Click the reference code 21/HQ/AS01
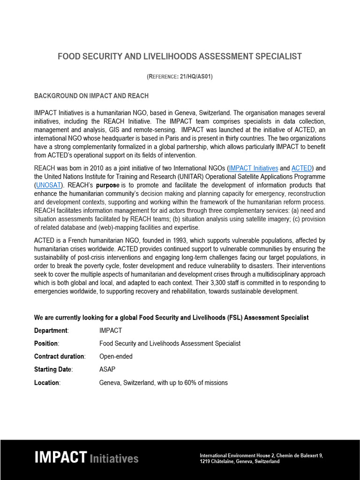point(195,77)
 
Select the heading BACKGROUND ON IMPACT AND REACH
point(91,96)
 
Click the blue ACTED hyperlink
point(301,168)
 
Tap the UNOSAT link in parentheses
point(49,185)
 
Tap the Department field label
point(51,330)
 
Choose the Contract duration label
point(60,357)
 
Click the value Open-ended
point(116,357)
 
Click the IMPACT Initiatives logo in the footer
point(86,457)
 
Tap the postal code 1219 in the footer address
point(205,462)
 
